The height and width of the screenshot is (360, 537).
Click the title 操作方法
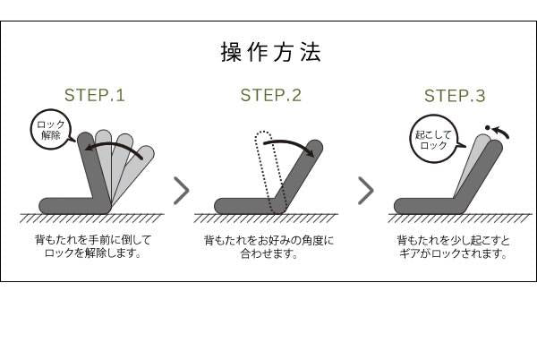click(271, 53)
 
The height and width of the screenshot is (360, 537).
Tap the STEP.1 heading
click(95, 95)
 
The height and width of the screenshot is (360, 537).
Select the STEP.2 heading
click(271, 95)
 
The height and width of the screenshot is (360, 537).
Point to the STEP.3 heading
click(455, 96)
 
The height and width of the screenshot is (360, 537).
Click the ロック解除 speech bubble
click(51, 130)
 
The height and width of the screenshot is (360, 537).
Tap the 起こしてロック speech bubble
click(434, 139)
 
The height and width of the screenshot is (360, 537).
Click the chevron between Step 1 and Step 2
click(182, 191)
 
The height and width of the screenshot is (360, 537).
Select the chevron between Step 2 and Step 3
click(366, 191)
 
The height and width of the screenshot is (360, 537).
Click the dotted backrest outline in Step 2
click(269, 171)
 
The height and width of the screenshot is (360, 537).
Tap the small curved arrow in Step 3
click(500, 131)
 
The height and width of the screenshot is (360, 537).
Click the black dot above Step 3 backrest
click(488, 128)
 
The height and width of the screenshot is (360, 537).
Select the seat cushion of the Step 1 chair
click(73, 206)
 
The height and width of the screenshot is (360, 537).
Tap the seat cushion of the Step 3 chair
click(428, 206)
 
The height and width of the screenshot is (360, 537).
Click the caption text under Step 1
click(93, 246)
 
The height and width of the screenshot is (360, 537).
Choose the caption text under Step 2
click(268, 246)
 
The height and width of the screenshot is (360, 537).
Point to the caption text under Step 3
click(454, 246)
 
